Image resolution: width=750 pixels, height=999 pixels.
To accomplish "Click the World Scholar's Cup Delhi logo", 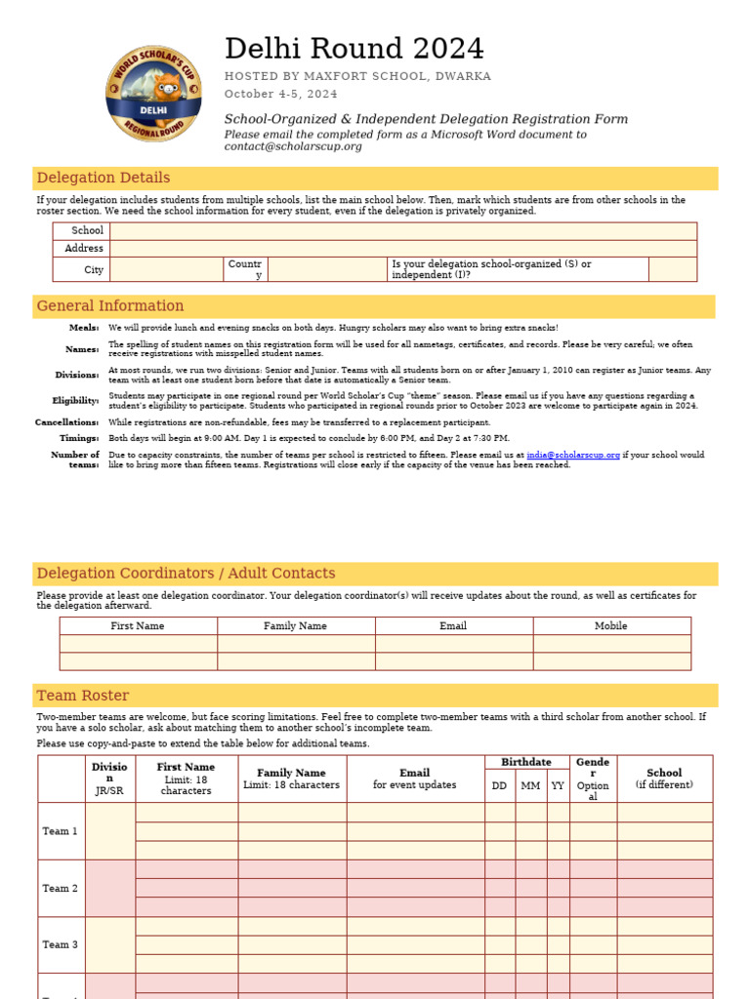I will tap(154, 93).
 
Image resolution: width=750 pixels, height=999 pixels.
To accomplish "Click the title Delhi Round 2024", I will tap(354, 49).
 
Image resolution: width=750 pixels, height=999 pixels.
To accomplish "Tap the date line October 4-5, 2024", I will tap(281, 95).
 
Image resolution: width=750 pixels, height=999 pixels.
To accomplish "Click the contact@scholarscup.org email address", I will tap(293, 146).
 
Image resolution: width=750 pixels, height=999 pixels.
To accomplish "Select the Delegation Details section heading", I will tap(104, 178).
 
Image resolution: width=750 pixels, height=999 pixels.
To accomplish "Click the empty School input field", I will tap(402, 231).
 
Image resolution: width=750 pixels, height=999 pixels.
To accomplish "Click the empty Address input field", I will tap(402, 249).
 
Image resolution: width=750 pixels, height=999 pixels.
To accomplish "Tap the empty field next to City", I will tap(166, 269).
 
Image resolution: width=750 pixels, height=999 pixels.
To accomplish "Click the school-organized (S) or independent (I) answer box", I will tap(672, 269).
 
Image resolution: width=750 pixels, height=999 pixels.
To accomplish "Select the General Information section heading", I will tap(110, 306).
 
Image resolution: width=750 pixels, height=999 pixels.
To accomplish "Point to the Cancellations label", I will tap(67, 422).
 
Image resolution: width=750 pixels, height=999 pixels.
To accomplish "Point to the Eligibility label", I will tap(75, 400).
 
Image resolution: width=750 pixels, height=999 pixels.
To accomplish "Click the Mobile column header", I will tap(611, 626).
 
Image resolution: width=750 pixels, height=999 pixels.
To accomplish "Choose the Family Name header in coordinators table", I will tap(295, 626).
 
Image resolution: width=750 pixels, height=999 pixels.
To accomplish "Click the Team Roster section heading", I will tap(83, 696).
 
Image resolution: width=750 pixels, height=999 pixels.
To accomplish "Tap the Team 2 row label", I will tap(61, 888).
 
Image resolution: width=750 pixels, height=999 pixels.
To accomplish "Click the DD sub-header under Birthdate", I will tap(499, 785).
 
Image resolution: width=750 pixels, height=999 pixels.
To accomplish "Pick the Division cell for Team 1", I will tap(109, 830).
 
